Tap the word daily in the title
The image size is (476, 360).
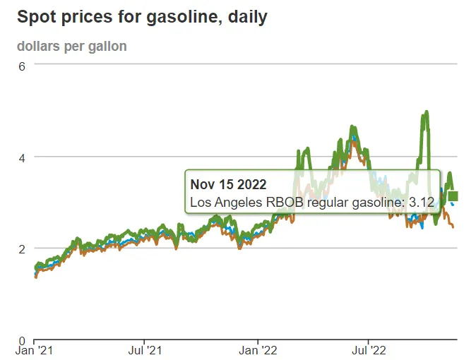coord(247,16)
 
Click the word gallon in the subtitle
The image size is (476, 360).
coord(107,47)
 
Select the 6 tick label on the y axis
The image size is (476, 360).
coord(22,66)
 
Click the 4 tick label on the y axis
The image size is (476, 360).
coord(22,157)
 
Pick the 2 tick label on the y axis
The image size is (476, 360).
coord(22,248)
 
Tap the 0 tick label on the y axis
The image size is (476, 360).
coord(22,340)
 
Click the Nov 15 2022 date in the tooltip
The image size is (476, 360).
coord(228,185)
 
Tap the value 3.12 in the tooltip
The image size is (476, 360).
coord(422,203)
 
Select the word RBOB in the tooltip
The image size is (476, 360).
coord(273,203)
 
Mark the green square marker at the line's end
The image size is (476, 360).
coord(454,196)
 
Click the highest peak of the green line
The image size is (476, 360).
coord(427,112)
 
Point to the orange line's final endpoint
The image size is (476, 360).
coord(453,227)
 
